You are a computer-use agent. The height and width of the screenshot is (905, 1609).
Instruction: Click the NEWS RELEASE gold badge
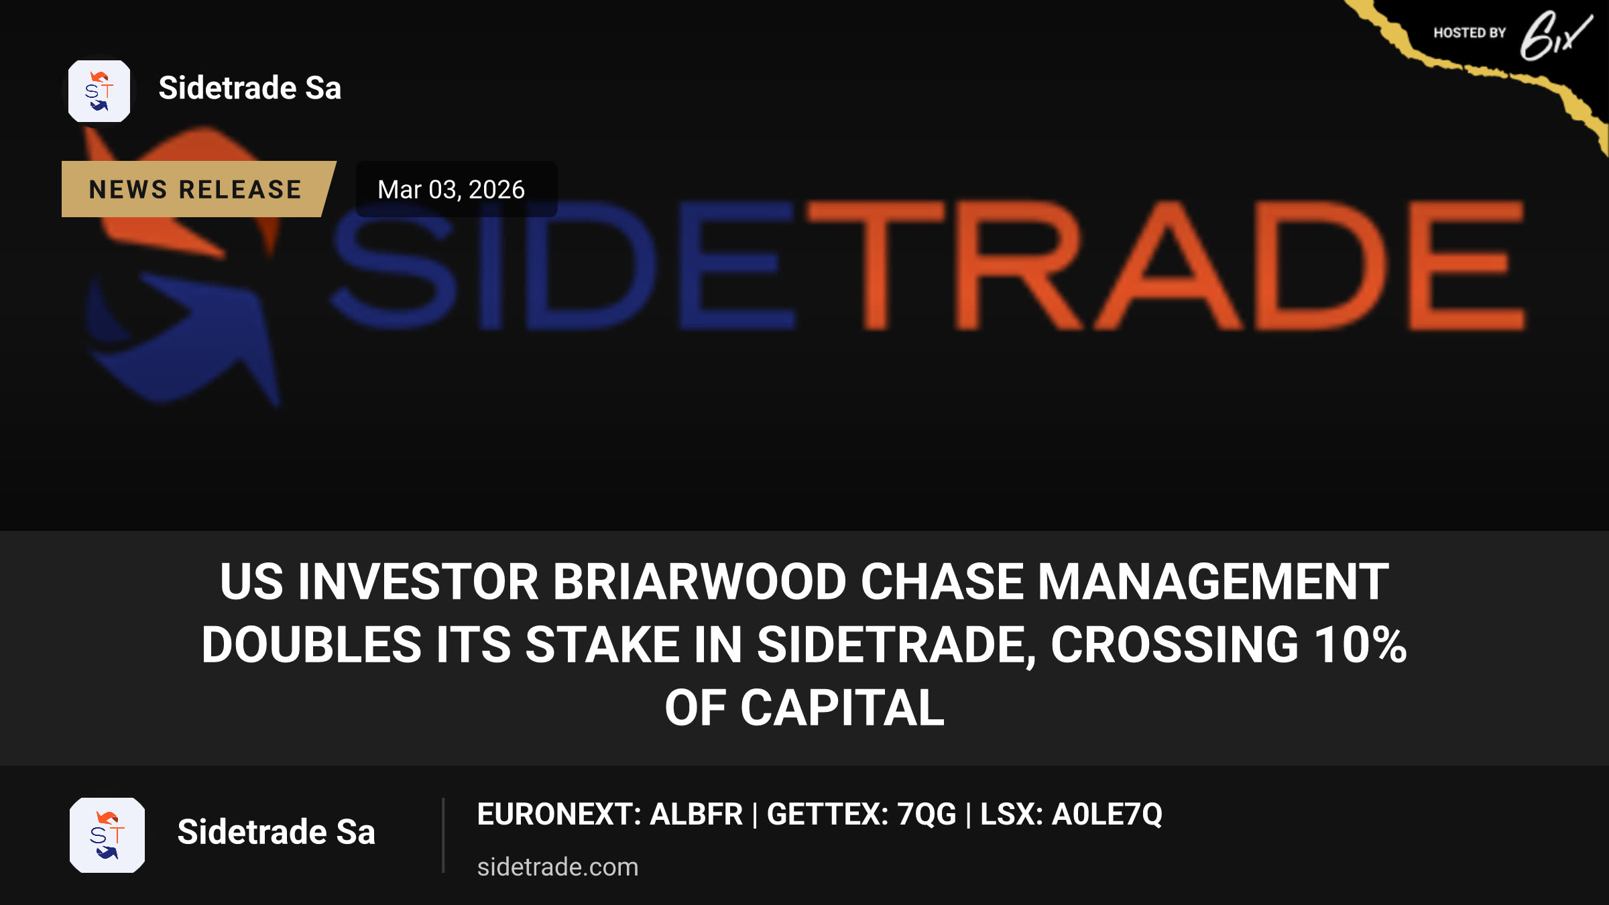198,189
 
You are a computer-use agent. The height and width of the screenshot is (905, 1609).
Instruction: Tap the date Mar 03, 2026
451,190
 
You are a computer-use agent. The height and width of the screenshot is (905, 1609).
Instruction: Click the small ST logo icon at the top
99,91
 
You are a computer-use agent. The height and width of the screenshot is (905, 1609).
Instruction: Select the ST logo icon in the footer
107,835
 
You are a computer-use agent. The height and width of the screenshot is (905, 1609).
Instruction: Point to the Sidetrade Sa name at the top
250,88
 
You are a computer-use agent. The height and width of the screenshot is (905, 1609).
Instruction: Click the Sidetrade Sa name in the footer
276,832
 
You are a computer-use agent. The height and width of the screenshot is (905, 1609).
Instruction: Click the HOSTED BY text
1470,33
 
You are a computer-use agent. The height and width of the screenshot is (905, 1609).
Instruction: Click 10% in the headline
1360,644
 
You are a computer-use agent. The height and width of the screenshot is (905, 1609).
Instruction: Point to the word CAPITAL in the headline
843,708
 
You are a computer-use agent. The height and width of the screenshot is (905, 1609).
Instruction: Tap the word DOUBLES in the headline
311,644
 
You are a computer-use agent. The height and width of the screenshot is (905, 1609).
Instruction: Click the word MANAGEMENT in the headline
1213,581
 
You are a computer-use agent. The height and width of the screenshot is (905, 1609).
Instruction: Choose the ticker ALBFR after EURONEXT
697,814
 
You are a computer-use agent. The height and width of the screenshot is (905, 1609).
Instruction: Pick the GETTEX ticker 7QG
927,814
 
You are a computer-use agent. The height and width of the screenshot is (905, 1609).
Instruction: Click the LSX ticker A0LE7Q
1107,814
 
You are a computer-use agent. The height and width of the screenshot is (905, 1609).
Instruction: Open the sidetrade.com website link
558,867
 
